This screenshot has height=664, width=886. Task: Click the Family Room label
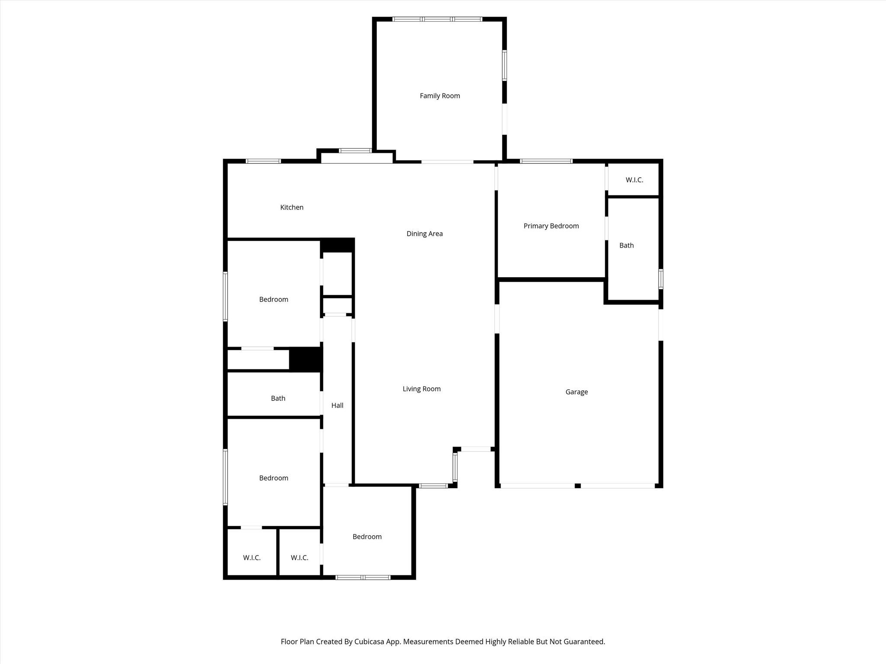click(x=440, y=96)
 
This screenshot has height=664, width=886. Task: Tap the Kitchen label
click(x=292, y=207)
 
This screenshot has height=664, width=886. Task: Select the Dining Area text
click(x=424, y=234)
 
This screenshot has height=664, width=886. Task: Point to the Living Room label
click(x=421, y=389)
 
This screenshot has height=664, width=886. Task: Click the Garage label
click(x=576, y=392)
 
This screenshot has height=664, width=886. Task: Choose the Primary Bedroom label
click(x=551, y=226)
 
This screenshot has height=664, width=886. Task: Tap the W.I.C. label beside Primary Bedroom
click(x=634, y=180)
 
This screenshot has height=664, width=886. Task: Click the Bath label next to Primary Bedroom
click(x=626, y=246)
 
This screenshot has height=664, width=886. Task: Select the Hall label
click(x=337, y=405)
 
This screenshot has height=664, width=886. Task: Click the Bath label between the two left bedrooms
click(x=278, y=399)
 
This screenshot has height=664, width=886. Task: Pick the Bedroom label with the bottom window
click(x=367, y=537)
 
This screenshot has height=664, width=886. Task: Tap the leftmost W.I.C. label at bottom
click(x=251, y=558)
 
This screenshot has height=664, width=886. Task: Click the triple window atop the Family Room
click(x=437, y=19)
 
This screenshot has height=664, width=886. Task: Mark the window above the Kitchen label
click(x=263, y=161)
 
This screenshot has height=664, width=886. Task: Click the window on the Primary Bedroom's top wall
click(x=546, y=161)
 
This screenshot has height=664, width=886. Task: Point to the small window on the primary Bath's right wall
click(x=661, y=279)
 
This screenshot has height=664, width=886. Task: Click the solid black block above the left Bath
click(x=305, y=359)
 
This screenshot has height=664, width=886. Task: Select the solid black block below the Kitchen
click(x=337, y=245)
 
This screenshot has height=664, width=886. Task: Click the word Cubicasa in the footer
click(x=370, y=642)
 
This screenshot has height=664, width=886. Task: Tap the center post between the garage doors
click(x=577, y=486)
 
